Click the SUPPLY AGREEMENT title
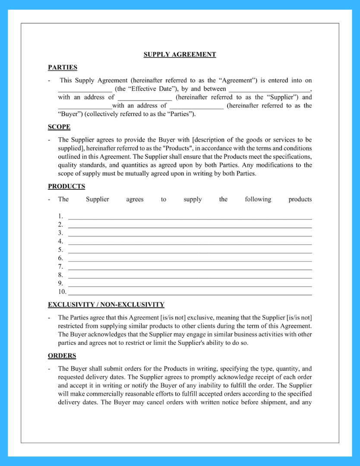tap(180, 55)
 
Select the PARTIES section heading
tap(63, 67)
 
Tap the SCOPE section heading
tap(59, 127)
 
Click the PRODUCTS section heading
tap(66, 186)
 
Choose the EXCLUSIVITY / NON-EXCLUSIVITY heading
tap(106, 305)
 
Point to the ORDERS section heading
tap(62, 356)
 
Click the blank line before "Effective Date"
tap(85, 90)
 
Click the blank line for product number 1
tap(190, 217)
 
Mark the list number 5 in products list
tap(60, 250)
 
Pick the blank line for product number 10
tap(190, 293)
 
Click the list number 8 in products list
tap(60, 275)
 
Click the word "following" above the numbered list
tap(258, 199)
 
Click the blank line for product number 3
tap(190, 234)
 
